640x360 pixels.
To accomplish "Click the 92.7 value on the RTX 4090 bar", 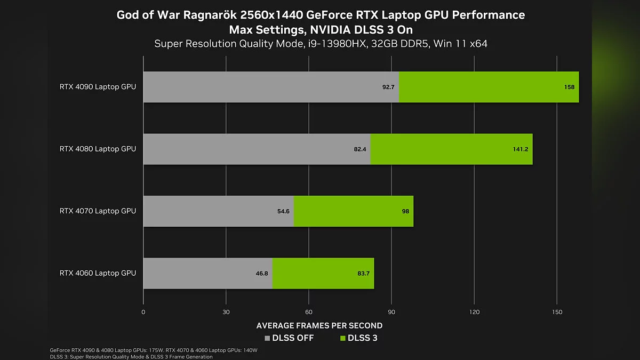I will pos(388,87).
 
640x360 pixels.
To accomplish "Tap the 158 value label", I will pos(569,87).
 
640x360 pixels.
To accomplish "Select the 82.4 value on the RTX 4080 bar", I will pos(360,149).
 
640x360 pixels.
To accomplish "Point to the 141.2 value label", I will pos(521,149).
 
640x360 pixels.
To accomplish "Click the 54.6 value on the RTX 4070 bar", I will pos(283,211).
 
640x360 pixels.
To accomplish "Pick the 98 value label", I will pos(405,211).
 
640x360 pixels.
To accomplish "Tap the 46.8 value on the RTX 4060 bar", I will pos(262,274).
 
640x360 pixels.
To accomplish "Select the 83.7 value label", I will pos(363,274).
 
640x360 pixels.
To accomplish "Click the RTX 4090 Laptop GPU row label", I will pos(98,86).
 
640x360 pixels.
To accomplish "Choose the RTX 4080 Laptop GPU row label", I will pos(98,149).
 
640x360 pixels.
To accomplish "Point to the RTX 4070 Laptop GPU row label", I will pos(98,211).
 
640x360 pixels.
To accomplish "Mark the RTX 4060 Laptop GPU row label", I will pos(98,273).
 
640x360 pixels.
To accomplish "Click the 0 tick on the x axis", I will pos(143,312).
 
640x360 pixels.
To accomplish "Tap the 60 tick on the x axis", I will pos(309,312).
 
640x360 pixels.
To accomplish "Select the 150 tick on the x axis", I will pos(557,312).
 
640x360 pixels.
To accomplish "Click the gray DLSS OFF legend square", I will pos(268,338).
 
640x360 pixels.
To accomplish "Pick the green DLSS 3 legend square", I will pos(343,338).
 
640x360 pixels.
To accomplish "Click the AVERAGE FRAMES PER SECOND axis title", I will pos(319,325).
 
